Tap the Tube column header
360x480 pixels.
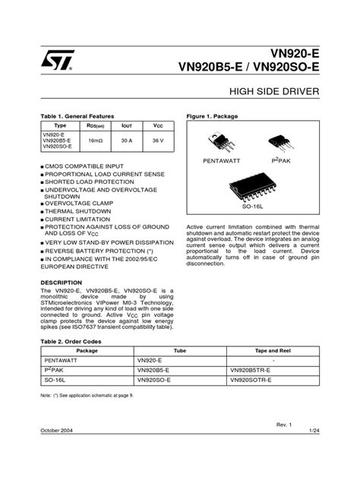tap(180, 351)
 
